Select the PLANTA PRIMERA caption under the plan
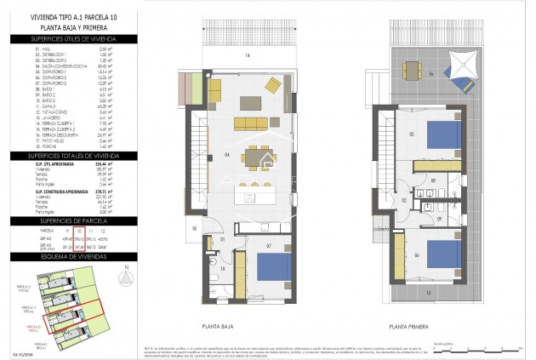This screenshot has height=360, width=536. (408, 325)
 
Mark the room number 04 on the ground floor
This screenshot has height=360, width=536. (203, 154)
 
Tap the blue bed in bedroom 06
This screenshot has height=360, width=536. (442, 254)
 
